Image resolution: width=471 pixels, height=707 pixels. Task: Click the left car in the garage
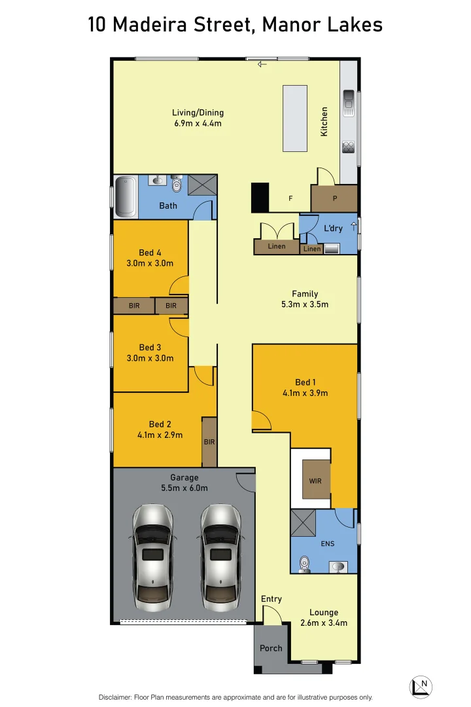pyautogui.click(x=153, y=554)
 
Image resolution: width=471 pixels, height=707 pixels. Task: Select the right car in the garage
pyautogui.click(x=221, y=554)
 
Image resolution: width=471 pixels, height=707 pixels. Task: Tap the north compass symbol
pyautogui.click(x=421, y=687)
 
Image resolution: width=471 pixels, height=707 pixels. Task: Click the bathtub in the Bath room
pyautogui.click(x=125, y=196)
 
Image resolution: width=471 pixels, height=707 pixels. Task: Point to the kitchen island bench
pyautogui.click(x=294, y=118)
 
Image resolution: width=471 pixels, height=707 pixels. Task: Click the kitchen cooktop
pyautogui.click(x=349, y=147)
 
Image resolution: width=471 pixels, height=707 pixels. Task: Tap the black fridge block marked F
pyautogui.click(x=260, y=197)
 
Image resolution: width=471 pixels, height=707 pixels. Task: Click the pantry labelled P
pyautogui.click(x=334, y=198)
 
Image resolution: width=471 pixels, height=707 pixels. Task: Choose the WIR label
pyautogui.click(x=315, y=481)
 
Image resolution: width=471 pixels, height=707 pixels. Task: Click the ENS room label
pyautogui.click(x=327, y=543)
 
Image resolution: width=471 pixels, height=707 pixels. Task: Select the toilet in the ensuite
pyautogui.click(x=303, y=564)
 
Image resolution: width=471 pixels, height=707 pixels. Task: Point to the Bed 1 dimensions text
pyautogui.click(x=305, y=393)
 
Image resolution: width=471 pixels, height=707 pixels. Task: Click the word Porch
pyautogui.click(x=271, y=648)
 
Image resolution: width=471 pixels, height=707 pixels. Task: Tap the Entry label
pyautogui.click(x=271, y=599)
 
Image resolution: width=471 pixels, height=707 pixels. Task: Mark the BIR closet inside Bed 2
pyautogui.click(x=209, y=442)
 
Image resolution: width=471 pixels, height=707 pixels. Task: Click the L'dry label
pyautogui.click(x=333, y=228)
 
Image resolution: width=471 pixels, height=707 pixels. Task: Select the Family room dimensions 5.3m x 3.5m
pyautogui.click(x=304, y=304)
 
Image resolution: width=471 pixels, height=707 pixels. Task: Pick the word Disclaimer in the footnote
pyautogui.click(x=115, y=697)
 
